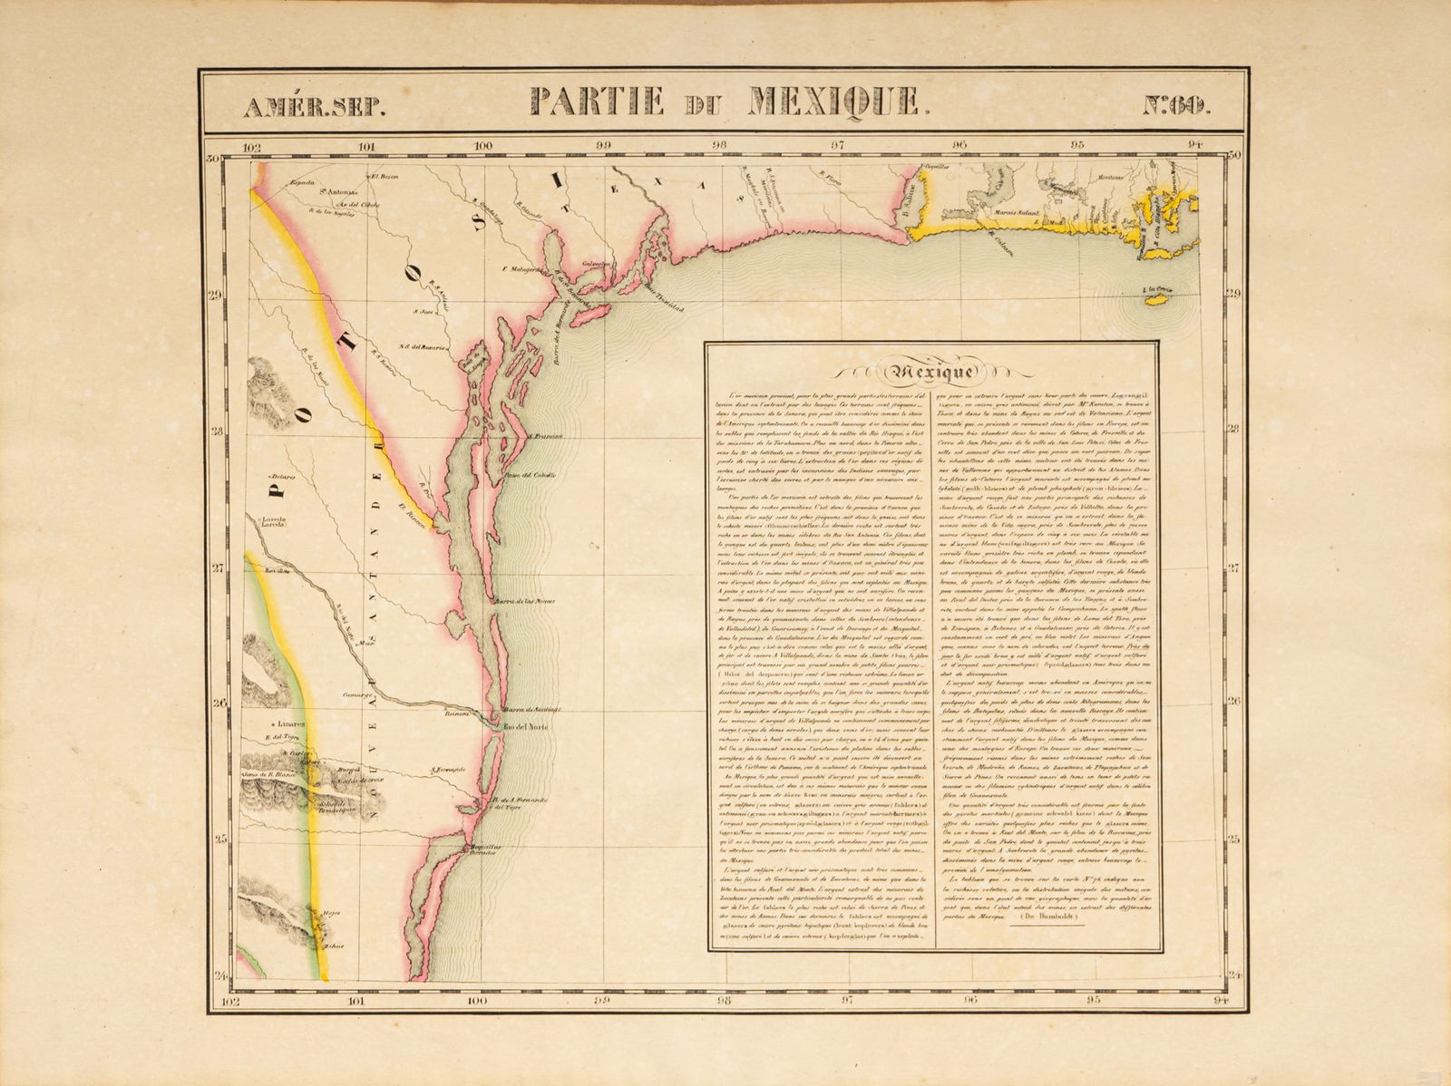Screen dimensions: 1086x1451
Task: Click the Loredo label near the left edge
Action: pyautogui.click(x=275, y=522)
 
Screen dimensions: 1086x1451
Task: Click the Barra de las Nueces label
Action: pyautogui.click(x=521, y=601)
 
